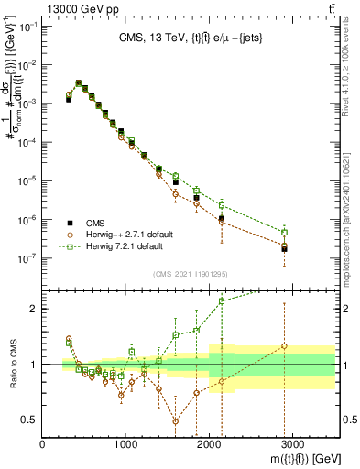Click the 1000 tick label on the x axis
(x=125, y=443)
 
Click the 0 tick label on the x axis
(x=43, y=443)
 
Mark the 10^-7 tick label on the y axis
(x=27, y=258)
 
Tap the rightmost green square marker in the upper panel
(x=285, y=232)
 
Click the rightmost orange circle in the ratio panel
(x=285, y=346)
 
